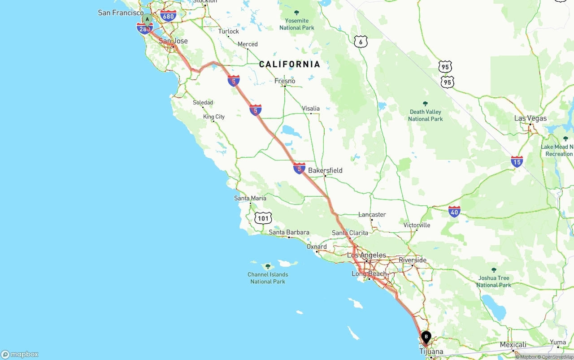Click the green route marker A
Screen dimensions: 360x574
click(x=147, y=19)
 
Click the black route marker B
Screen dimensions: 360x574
click(x=426, y=336)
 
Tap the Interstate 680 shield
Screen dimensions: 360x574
click(x=168, y=17)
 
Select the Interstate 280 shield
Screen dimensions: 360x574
click(x=144, y=29)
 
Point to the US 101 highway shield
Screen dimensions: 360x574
click(x=263, y=218)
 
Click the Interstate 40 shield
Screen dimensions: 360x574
click(x=454, y=212)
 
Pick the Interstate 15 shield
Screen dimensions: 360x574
click(x=517, y=161)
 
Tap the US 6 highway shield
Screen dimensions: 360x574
click(x=361, y=42)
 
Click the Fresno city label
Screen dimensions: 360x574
click(x=285, y=81)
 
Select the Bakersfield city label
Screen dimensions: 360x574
click(x=325, y=170)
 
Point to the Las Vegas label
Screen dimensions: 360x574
click(x=531, y=118)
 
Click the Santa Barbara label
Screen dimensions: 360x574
click(x=289, y=232)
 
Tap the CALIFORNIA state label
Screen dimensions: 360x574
click(x=290, y=64)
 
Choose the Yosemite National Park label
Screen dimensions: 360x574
click(x=296, y=24)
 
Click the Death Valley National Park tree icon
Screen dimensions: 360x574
click(x=425, y=104)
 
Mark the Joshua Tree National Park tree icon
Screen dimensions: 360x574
click(x=494, y=270)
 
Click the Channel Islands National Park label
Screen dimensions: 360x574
click(x=268, y=278)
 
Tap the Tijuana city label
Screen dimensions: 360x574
click(x=431, y=351)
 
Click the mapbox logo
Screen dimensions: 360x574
click(x=20, y=354)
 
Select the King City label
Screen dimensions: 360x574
click(x=214, y=117)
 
